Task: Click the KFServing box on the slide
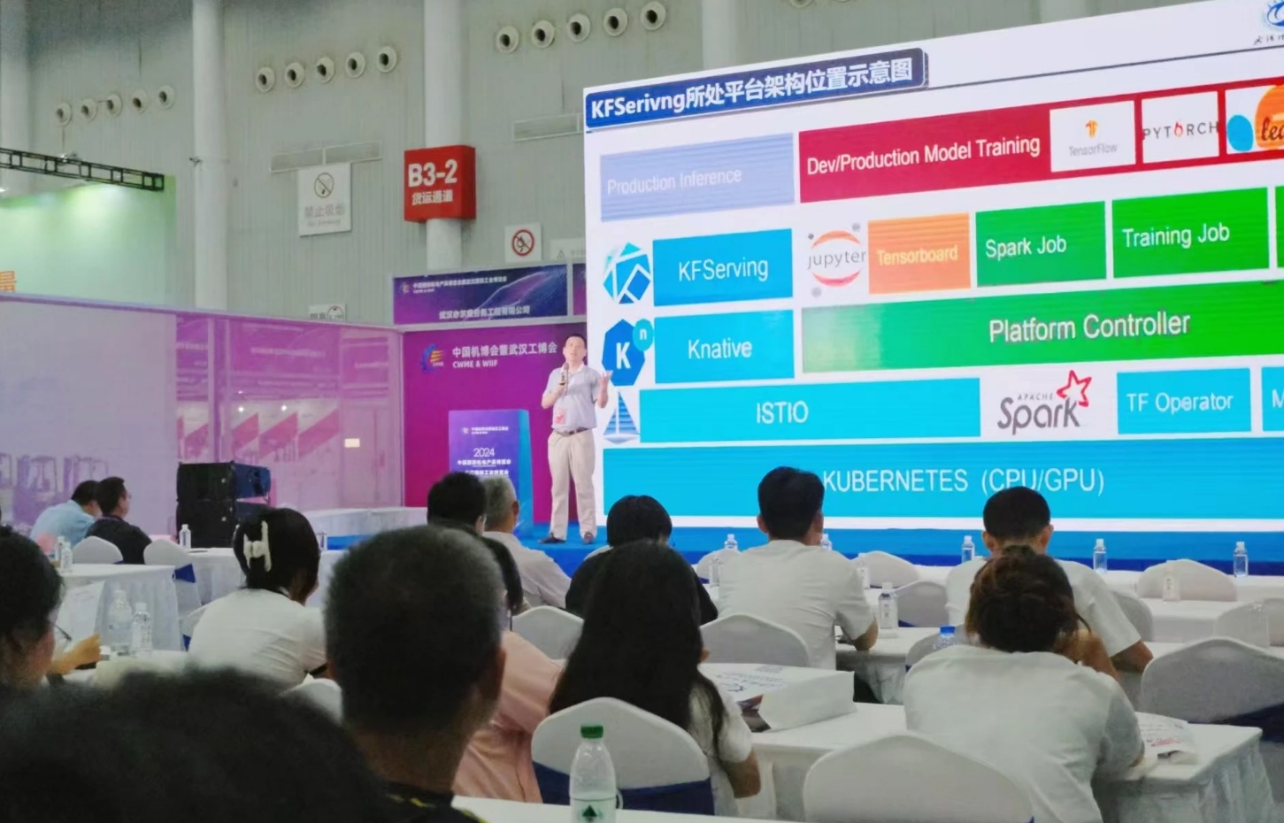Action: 722,267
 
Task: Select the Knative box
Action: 722,348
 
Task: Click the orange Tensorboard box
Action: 918,255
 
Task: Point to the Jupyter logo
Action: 834,258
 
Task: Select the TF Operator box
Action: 1181,403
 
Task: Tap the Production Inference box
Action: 696,179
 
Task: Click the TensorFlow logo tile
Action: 1092,136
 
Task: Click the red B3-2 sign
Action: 439,183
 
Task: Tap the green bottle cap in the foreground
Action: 591,734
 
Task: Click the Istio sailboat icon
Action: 620,419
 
